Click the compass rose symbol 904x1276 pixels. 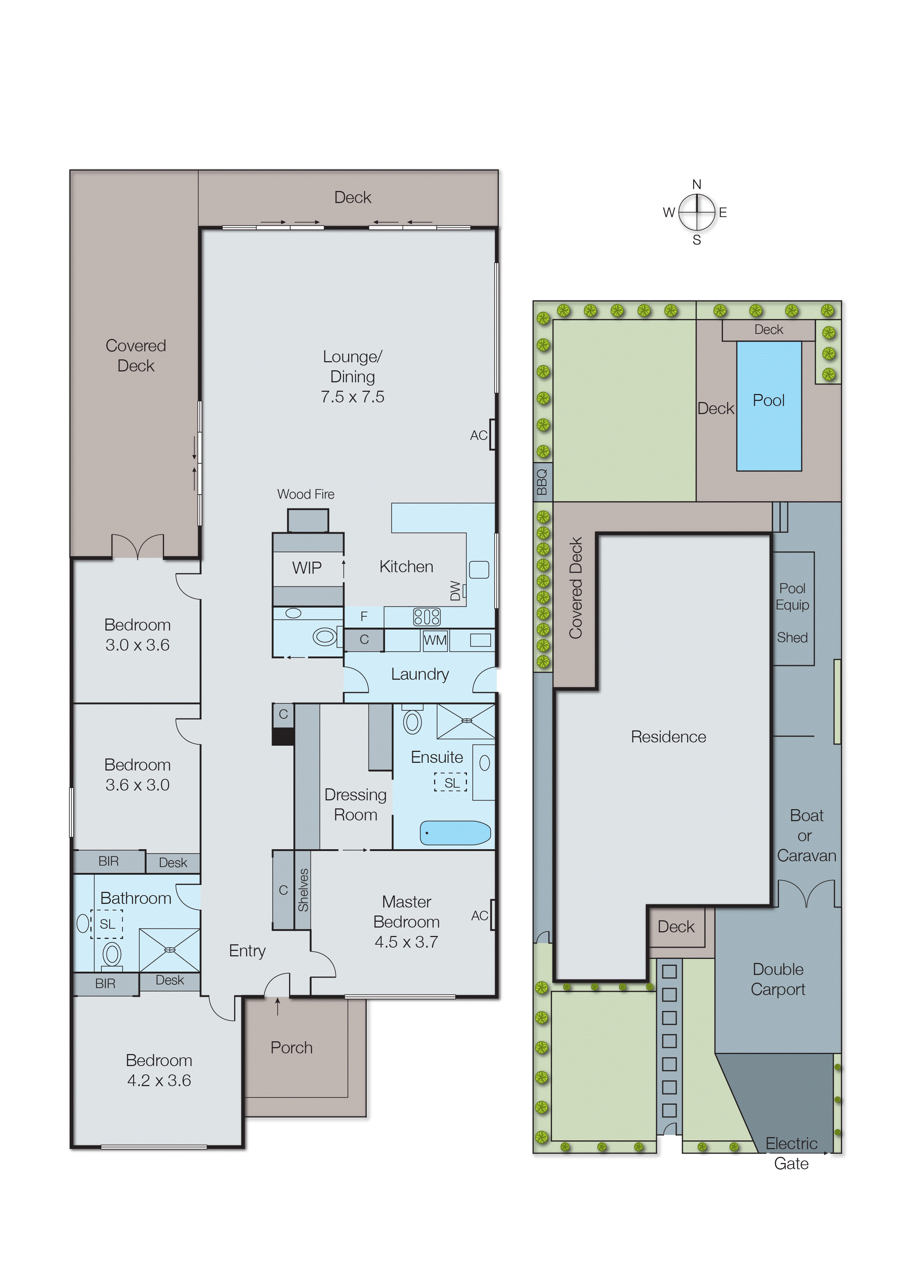pyautogui.click(x=696, y=212)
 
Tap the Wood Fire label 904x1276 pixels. pyautogui.click(x=305, y=494)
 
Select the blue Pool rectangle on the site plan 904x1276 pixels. pyautogui.click(x=769, y=406)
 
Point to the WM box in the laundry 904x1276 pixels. pyautogui.click(x=435, y=640)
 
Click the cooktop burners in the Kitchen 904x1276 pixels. pyautogui.click(x=426, y=617)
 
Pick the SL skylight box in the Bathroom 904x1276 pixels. pyautogui.click(x=107, y=924)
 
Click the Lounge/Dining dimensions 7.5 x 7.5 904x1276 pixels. pyautogui.click(x=352, y=397)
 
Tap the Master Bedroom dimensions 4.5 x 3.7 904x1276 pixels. pyautogui.click(x=406, y=942)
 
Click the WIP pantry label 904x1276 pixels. pyautogui.click(x=307, y=567)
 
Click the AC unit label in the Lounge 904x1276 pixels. pyautogui.click(x=478, y=435)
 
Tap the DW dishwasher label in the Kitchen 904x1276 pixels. pyautogui.click(x=455, y=591)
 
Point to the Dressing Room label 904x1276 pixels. pyautogui.click(x=355, y=805)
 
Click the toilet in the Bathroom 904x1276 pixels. pyautogui.click(x=112, y=954)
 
